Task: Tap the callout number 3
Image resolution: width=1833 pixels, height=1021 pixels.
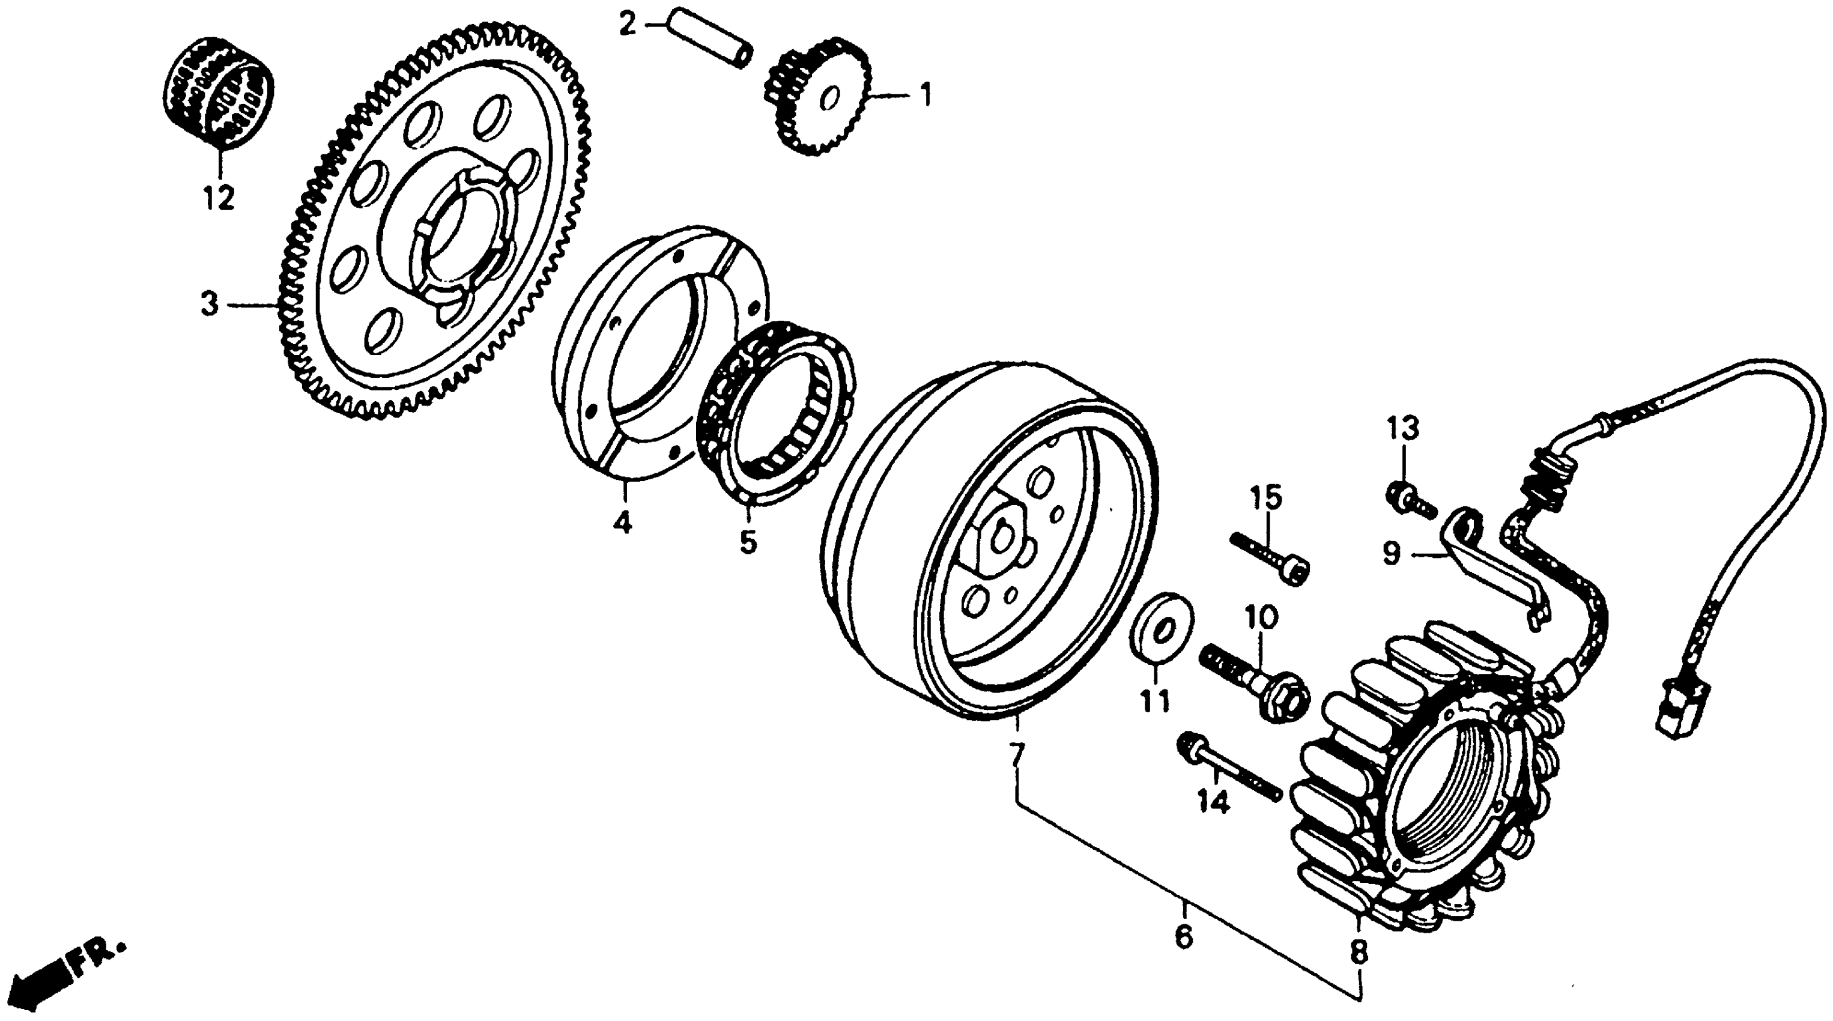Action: (209, 305)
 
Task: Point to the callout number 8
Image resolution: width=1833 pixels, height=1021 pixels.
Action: (1359, 952)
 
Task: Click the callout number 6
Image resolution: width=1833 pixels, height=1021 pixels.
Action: (1183, 936)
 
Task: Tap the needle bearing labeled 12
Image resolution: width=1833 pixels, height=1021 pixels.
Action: (219, 92)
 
